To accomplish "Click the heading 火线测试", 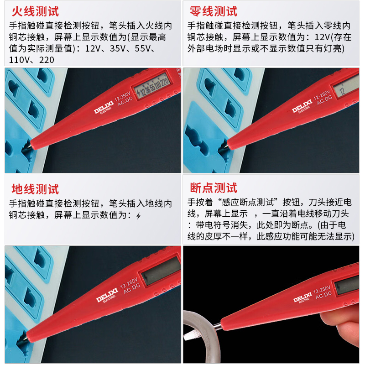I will pyautogui.click(x=35, y=11).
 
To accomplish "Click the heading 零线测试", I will pyautogui.click(x=213, y=11).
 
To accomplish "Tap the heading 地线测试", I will pyautogui.click(x=35, y=188).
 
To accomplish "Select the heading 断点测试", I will pyautogui.click(x=213, y=188).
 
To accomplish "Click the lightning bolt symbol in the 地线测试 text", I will pyautogui.click(x=139, y=215).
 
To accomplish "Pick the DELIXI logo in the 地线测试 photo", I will pyautogui.click(x=106, y=297).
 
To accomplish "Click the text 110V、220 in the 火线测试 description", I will pyautogui.click(x=31, y=59).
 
